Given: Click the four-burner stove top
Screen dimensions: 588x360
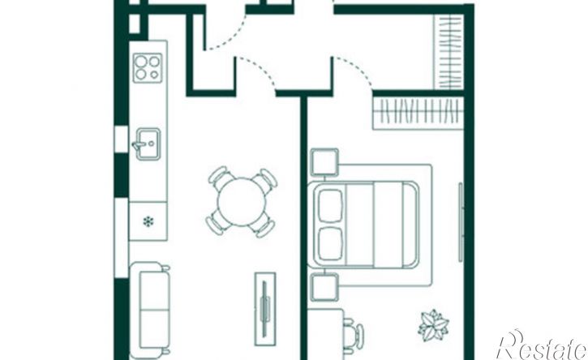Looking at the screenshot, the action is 148,68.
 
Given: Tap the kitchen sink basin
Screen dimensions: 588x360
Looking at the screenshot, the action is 148,144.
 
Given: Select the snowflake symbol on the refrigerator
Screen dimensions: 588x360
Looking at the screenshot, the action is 148,221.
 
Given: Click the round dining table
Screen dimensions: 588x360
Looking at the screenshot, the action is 242,202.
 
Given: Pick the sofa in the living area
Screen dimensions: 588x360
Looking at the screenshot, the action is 149,310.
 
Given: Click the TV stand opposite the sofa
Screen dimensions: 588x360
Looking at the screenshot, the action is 265,308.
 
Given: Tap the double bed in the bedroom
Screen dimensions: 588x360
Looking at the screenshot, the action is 363,225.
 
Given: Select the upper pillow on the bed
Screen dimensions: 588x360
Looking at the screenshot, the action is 330,206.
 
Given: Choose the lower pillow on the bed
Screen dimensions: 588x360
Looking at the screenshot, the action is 330,244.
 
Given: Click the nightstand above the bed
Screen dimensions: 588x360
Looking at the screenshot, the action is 324,162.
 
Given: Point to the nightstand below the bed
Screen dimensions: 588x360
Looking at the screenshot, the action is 324,287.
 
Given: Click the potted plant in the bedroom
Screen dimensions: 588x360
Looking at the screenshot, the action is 434,325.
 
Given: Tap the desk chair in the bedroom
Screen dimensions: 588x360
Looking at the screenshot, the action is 354,335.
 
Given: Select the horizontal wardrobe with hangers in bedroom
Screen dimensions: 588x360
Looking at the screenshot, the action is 418,113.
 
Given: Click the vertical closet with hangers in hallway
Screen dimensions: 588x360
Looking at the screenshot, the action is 449,52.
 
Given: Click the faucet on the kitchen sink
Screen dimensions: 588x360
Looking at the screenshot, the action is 139,144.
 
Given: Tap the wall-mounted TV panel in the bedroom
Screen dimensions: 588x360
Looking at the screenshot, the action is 461,222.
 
